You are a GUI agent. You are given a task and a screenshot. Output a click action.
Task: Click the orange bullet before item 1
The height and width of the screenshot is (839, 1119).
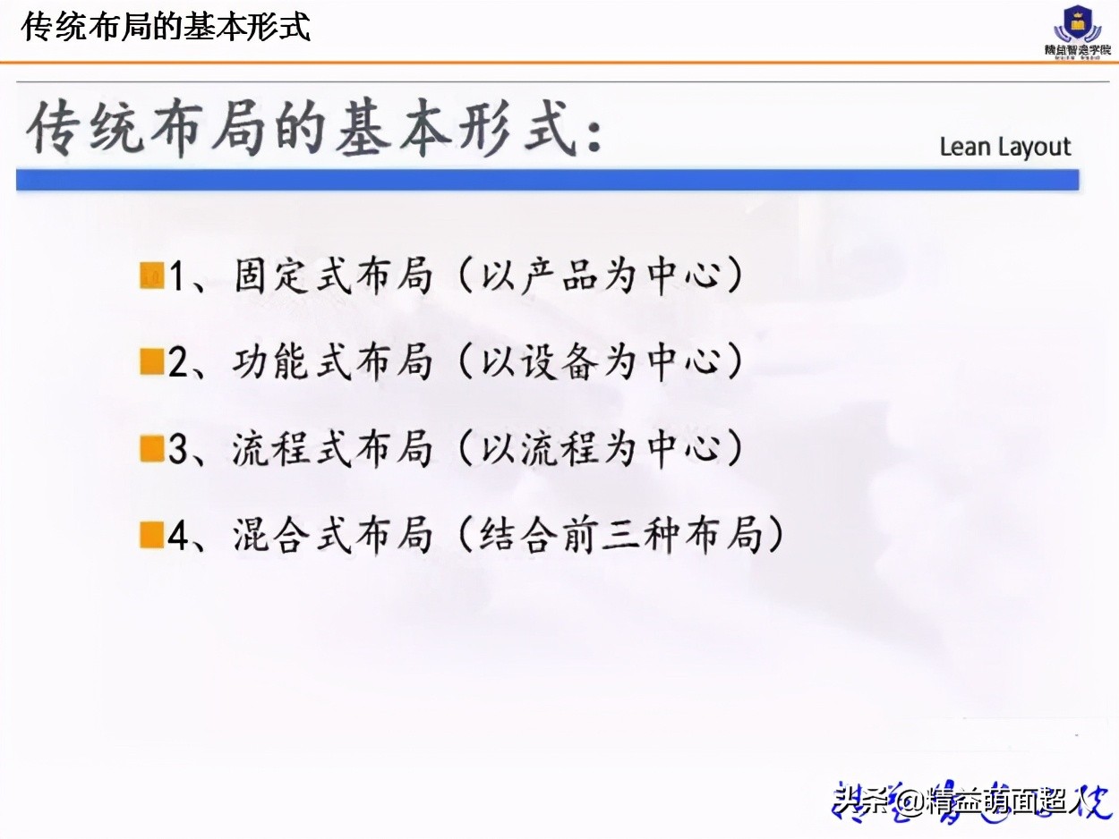coord(151,276)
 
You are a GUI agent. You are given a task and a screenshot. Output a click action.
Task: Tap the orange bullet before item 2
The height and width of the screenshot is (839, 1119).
coord(151,363)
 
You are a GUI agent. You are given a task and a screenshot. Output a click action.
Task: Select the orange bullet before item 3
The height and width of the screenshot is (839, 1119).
coord(151,449)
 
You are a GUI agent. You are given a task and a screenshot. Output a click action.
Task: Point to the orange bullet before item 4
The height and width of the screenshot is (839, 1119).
coord(151,536)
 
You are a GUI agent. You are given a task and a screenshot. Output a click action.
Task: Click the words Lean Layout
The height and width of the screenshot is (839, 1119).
coord(1004,148)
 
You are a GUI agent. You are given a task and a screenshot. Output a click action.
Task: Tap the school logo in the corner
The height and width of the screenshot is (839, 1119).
coord(1076,30)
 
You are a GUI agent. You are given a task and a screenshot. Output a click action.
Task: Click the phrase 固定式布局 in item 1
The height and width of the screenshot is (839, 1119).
coord(333,276)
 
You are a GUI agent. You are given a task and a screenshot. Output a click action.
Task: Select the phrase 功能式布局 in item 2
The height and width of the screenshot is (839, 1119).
coord(333,363)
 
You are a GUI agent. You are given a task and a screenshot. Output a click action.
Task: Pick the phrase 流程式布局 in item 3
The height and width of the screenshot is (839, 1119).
coord(333,449)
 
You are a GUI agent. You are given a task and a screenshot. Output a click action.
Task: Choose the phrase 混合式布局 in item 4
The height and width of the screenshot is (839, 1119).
coord(333,536)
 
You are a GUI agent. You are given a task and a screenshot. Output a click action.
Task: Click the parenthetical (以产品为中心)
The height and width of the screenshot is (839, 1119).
coord(601,276)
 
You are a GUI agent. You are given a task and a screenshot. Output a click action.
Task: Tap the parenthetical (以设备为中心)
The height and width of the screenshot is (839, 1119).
coord(601,363)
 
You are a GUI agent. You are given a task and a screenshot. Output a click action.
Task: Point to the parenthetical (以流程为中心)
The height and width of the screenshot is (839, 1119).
coord(601,449)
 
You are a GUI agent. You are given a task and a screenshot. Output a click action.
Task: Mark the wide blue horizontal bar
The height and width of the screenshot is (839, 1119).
coord(547,180)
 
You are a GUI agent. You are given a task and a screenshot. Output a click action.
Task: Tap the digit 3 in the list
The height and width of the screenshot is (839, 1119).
coord(178,450)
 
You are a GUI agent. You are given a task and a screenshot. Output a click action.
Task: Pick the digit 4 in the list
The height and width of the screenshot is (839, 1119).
coord(178,537)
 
